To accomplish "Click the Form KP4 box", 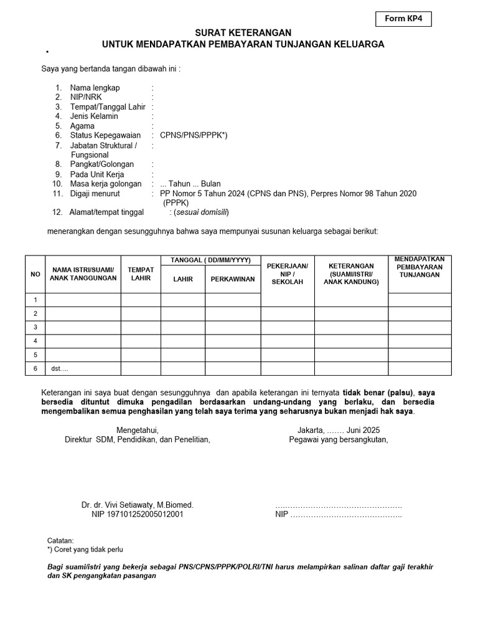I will pyautogui.click(x=403, y=19).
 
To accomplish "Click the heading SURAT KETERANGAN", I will pyautogui.click(x=243, y=32).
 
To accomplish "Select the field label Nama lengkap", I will pyautogui.click(x=95, y=88).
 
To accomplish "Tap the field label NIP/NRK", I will pyautogui.click(x=86, y=98).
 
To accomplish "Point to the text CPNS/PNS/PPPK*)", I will pyautogui.click(x=194, y=135).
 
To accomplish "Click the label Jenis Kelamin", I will pyautogui.click(x=94, y=117).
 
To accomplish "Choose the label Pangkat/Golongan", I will pyautogui.click(x=102, y=164).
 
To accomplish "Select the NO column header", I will pyautogui.click(x=35, y=274).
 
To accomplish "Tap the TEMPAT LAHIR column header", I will pyautogui.click(x=141, y=274).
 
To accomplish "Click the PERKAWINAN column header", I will pyautogui.click(x=233, y=279).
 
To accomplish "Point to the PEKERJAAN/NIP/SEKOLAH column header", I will pyautogui.click(x=287, y=274).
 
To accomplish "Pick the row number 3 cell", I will pyautogui.click(x=35, y=327).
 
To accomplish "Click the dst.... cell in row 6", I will pyautogui.click(x=60, y=369).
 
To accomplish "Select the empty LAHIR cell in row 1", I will pyautogui.click(x=183, y=300).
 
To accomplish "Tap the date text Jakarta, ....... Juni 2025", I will pyautogui.click(x=338, y=430).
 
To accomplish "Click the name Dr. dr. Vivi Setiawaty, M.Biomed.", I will pyautogui.click(x=138, y=505).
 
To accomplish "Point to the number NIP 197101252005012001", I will pyautogui.click(x=138, y=515).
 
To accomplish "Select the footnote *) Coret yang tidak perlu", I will pyautogui.click(x=85, y=550).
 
